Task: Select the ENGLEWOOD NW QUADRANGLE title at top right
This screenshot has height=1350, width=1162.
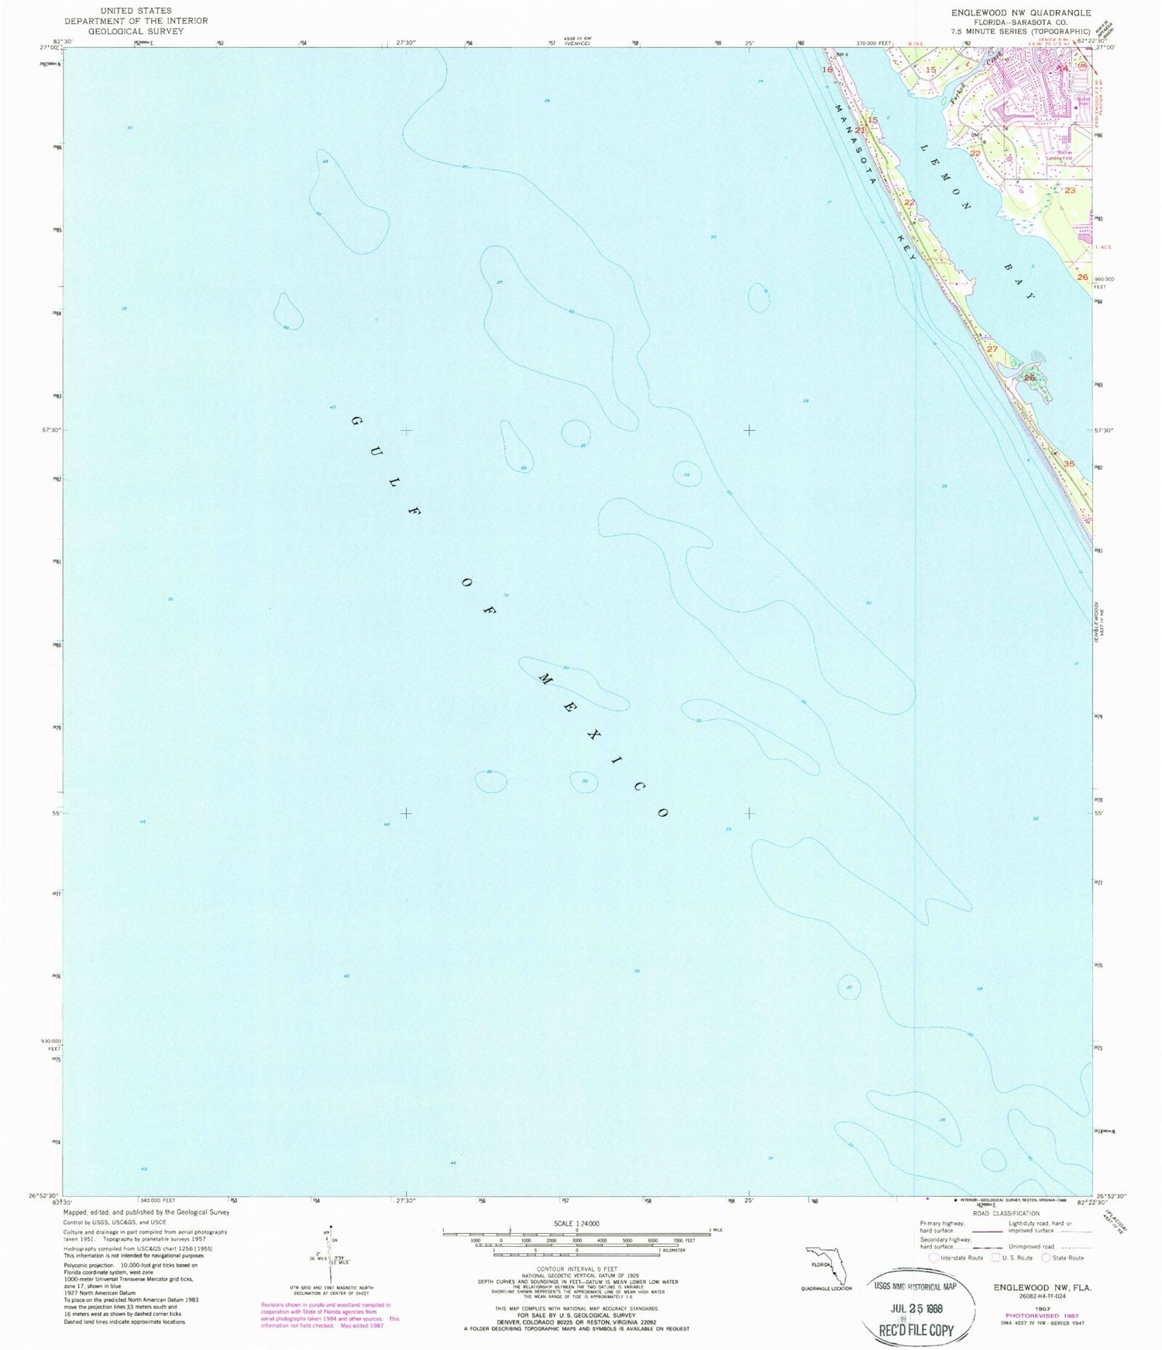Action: point(1020,13)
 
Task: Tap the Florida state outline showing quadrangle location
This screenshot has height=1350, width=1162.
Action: point(824,1265)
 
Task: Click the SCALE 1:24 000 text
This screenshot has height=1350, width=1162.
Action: point(576,1224)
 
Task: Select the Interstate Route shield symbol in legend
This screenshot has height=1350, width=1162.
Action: point(935,1258)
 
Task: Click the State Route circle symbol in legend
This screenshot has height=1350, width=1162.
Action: point(1047,1257)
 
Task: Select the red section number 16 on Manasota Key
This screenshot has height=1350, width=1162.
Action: point(827,70)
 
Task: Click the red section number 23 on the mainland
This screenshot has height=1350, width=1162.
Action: point(1070,190)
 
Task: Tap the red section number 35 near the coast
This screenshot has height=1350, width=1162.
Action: point(1069,463)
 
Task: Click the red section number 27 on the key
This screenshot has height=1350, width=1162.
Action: point(992,350)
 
